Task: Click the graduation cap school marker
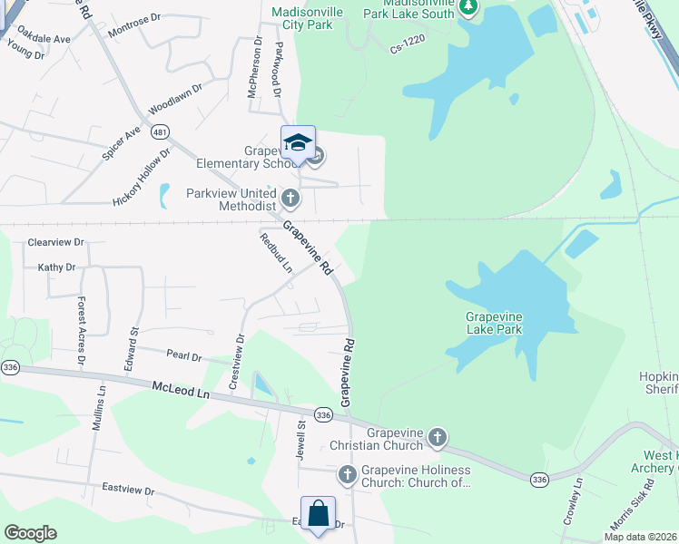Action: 298,144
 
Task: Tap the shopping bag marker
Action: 318,514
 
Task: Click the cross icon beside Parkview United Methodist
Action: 290,197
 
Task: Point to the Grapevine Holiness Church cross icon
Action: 347,474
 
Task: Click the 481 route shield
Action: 161,132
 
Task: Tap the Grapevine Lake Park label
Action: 494,324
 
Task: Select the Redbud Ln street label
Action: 276,253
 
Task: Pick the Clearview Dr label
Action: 55,243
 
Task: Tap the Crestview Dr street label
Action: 238,362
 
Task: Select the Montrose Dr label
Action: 133,32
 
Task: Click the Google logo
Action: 30,533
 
